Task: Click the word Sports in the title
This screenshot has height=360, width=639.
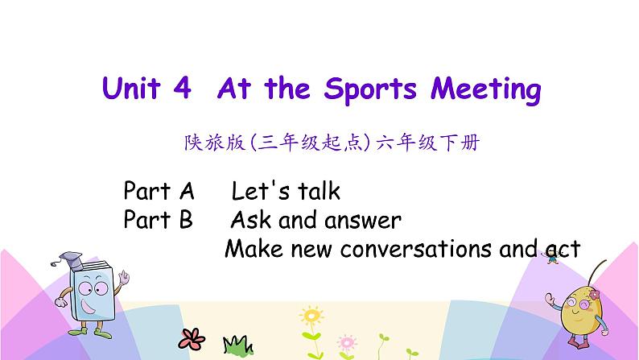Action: [370, 89]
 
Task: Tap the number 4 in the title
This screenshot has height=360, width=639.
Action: [182, 88]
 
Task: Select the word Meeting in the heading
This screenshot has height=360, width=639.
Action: [486, 89]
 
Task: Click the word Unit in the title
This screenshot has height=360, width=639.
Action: [131, 88]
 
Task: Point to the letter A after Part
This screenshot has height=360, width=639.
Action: [187, 191]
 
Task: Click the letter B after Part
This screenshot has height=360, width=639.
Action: [186, 219]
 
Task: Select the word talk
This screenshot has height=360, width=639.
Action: [319, 190]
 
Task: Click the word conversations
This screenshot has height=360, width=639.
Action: [416, 249]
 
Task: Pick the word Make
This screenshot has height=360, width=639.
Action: [254, 248]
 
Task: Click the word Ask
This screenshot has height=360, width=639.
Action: [251, 219]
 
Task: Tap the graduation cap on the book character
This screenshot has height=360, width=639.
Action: [68, 260]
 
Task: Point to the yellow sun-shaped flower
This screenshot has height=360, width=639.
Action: [311, 315]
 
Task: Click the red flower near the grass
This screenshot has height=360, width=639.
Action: [192, 339]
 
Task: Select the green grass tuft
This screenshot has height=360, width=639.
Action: [238, 345]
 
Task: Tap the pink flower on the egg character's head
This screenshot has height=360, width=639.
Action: [595, 294]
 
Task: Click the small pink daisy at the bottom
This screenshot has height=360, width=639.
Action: [347, 343]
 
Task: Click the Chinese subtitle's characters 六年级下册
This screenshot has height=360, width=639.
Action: [427, 143]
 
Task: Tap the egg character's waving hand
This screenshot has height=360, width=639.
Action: [550, 299]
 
